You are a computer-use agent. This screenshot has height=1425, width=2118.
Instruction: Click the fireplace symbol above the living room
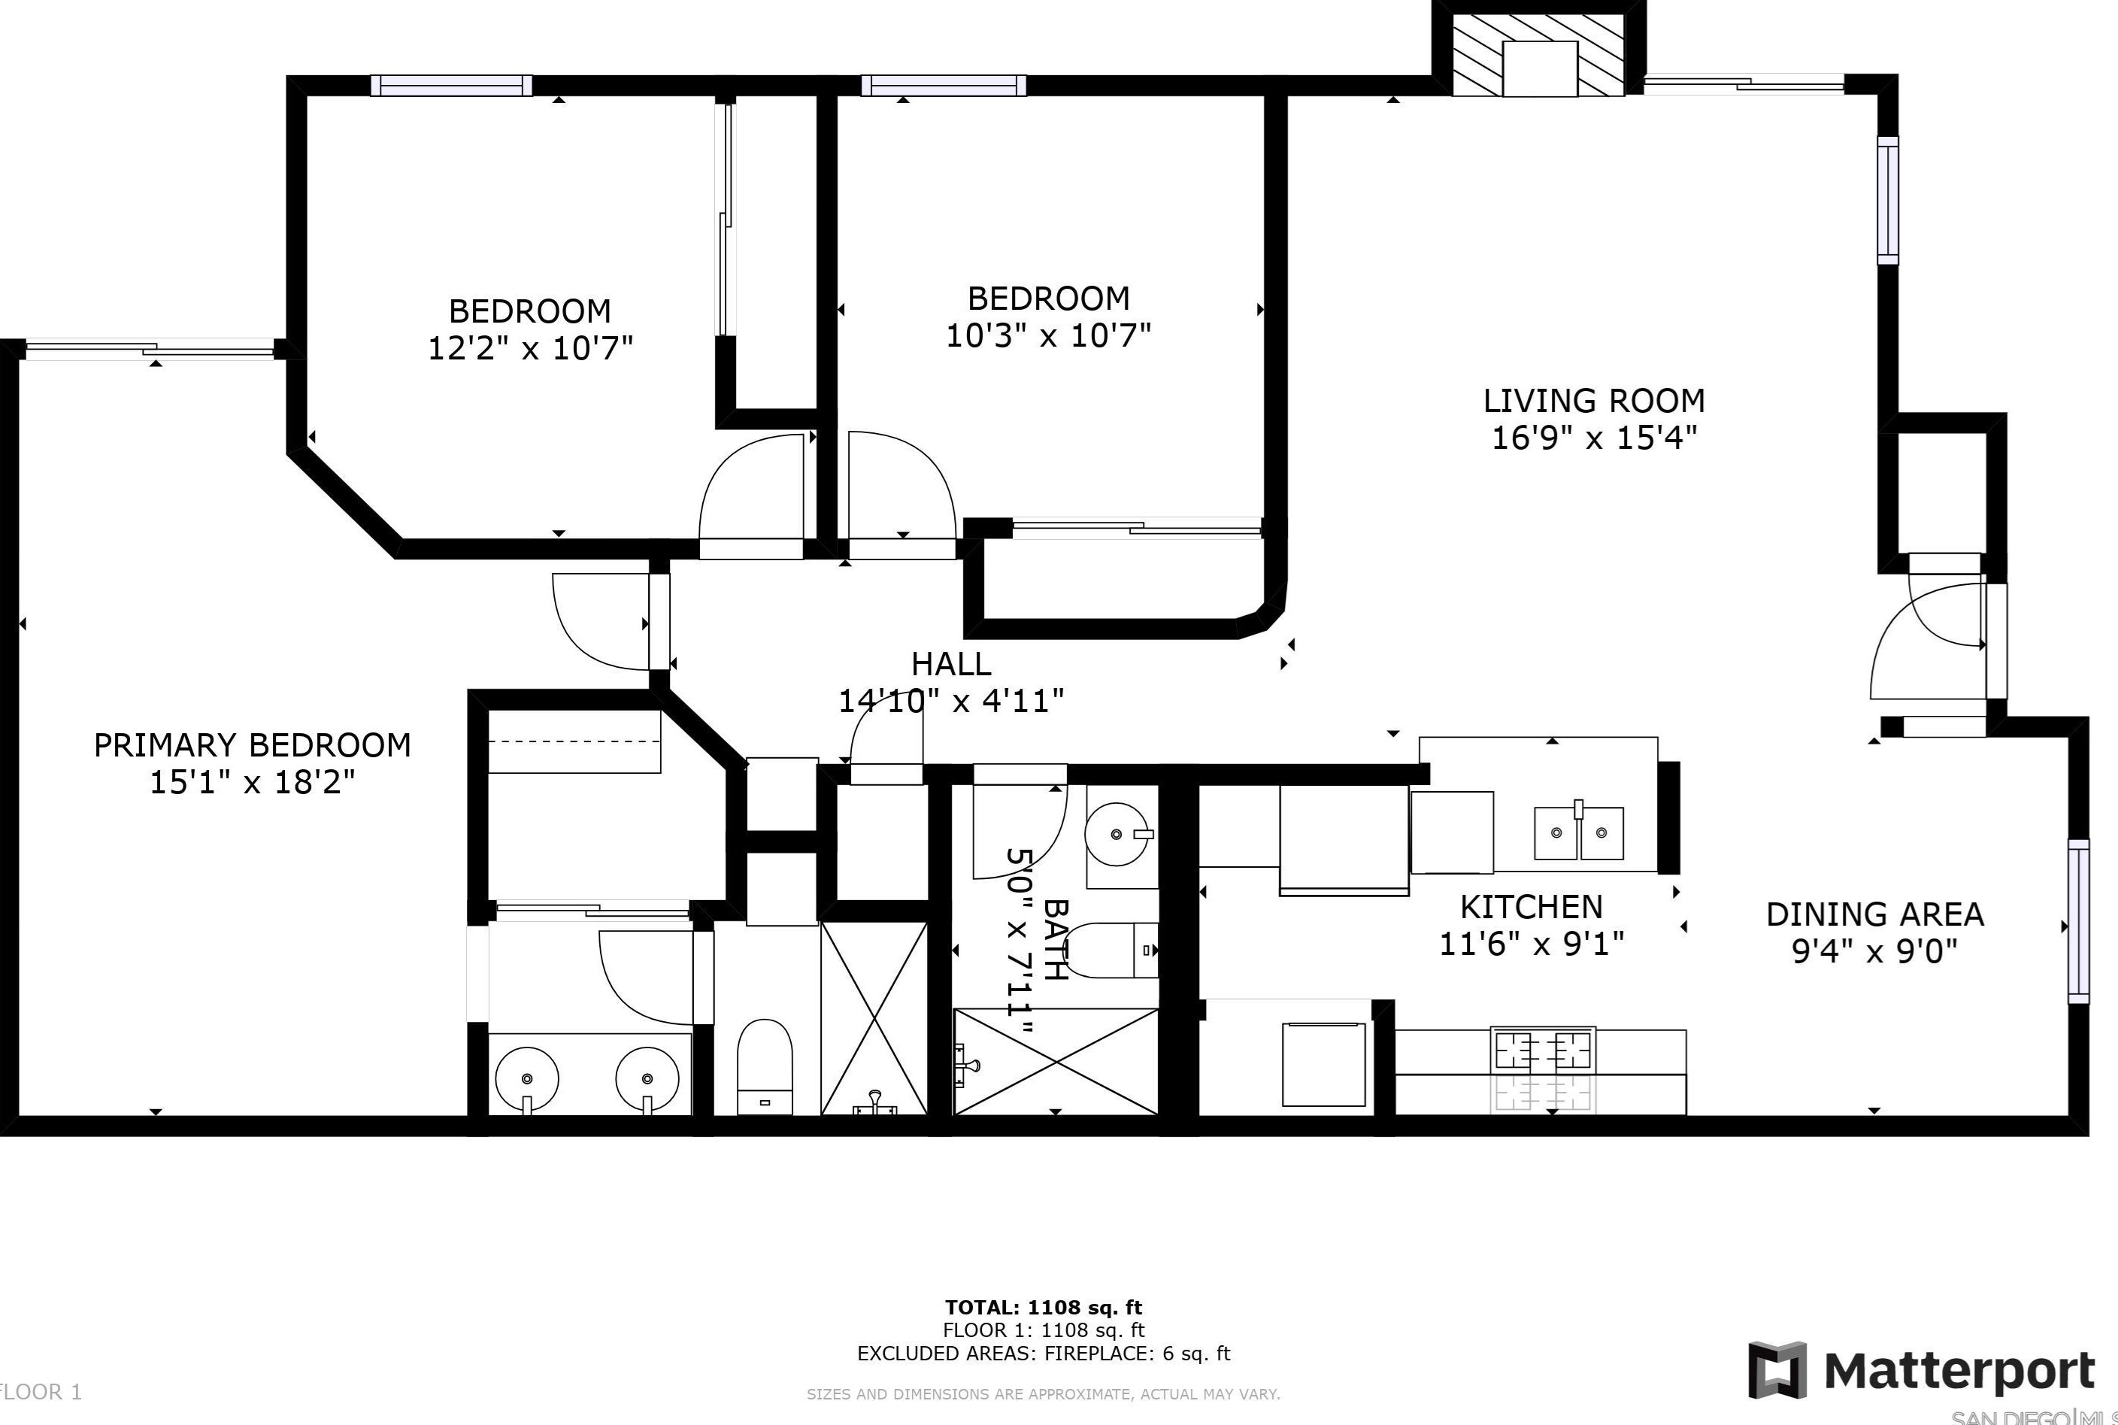tap(1538, 56)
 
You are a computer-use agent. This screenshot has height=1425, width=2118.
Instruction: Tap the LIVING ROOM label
tap(1594, 401)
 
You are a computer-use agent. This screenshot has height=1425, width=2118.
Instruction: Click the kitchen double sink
tap(1578, 832)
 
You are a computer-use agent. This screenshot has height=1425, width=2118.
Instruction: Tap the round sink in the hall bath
tap(1117, 833)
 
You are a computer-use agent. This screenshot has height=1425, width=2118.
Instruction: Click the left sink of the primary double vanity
tap(527, 1079)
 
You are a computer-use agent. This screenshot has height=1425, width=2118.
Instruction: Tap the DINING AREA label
tap(1874, 914)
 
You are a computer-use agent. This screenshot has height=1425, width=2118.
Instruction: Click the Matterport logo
tap(1922, 1370)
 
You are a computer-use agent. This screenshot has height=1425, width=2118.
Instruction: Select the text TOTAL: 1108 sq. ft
tap(1043, 1308)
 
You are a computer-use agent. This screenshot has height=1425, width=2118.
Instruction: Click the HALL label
tap(950, 664)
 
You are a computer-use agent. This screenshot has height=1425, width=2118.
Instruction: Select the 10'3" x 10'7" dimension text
tap(1047, 336)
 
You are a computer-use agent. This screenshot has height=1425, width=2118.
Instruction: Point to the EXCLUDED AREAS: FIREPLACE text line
tap(1043, 1354)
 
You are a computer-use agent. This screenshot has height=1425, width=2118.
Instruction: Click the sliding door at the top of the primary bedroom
tap(150, 349)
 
